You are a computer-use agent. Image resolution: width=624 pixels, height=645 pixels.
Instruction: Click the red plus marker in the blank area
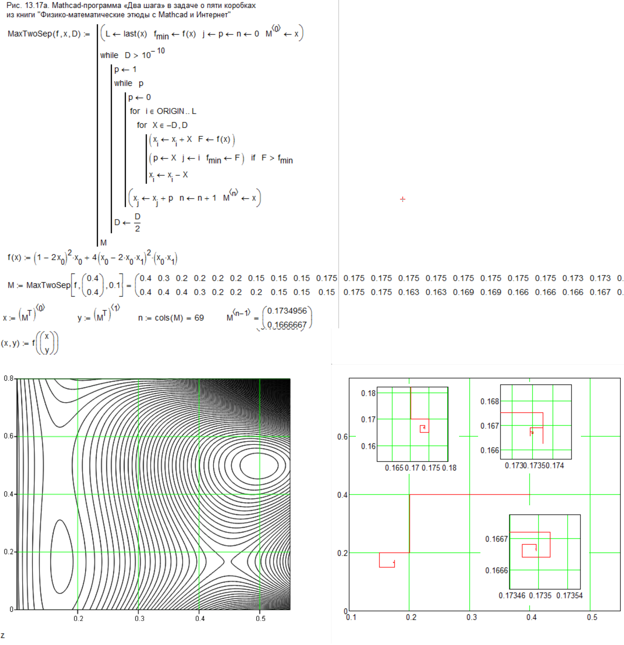pos(403,199)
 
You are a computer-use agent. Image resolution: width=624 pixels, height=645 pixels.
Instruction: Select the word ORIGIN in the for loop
pos(170,111)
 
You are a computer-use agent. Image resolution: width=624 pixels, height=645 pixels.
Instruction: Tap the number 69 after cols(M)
pos(199,318)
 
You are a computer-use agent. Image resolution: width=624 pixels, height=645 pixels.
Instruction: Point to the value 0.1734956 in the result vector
pos(287,311)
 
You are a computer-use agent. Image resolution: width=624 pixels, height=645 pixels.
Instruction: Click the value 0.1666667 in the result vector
pos(287,324)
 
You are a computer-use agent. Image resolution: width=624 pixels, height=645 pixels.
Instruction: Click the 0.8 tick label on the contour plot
pos(9,378)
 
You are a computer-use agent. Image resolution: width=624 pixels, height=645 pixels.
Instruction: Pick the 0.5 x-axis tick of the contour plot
pos(261,618)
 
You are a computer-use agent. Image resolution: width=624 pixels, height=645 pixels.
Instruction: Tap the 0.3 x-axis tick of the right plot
pos(471,617)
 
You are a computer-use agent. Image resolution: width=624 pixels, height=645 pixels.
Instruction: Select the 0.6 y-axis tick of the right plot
pos(342,437)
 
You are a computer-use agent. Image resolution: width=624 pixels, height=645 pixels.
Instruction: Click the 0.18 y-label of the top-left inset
pos(368,393)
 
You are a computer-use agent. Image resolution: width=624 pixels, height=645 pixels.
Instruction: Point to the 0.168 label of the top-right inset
pos(490,401)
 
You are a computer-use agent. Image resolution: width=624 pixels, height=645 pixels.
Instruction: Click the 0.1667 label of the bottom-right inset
pos(496,539)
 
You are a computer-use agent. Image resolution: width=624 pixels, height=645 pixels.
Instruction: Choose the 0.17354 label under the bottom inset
pos(569,595)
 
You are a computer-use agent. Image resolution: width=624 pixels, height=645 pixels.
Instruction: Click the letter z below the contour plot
pos(3,636)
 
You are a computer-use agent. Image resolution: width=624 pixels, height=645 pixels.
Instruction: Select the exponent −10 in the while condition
pos(159,51)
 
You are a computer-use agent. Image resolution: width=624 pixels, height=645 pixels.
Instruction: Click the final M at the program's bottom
pos(103,243)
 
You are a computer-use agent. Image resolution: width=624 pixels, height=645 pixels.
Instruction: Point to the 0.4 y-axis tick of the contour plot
pos(9,494)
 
